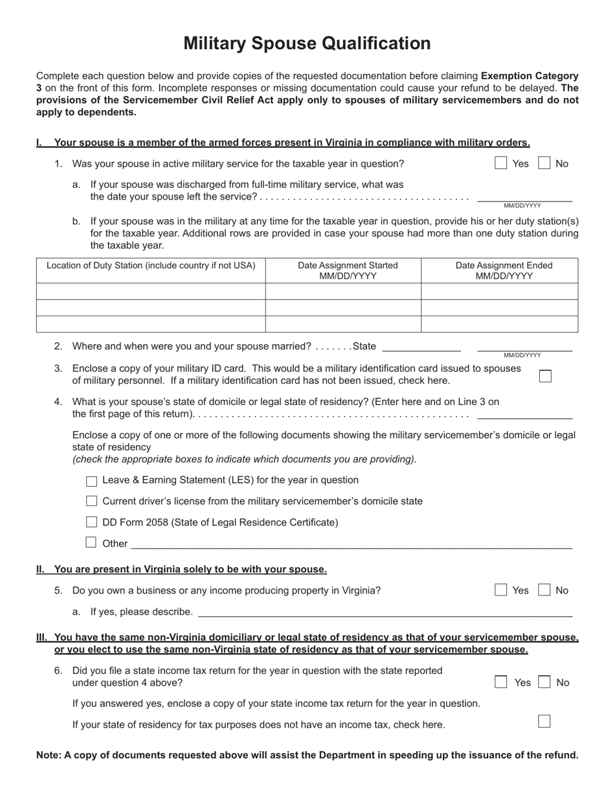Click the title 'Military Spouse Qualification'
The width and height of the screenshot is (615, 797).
tap(307, 43)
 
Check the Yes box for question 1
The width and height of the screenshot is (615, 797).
tap(500, 163)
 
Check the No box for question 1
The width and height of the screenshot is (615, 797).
tap(544, 163)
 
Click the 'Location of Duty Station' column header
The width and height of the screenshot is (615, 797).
tap(151, 266)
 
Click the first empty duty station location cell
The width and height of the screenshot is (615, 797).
tap(151, 292)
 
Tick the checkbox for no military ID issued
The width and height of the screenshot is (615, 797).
tap(545, 376)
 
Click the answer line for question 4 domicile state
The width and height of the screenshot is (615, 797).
tap(524, 413)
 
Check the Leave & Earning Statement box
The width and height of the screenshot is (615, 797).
tap(91, 481)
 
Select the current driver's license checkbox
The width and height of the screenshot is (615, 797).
tap(91, 501)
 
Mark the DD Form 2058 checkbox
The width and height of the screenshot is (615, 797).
tap(91, 522)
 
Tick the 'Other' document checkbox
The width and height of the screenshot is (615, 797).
tap(91, 542)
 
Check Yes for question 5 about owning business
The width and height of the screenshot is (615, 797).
tap(500, 590)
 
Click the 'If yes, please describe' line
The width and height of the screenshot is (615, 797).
tap(385, 612)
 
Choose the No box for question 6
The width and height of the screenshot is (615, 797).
tap(544, 682)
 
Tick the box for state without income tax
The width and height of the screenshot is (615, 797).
tap(544, 722)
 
